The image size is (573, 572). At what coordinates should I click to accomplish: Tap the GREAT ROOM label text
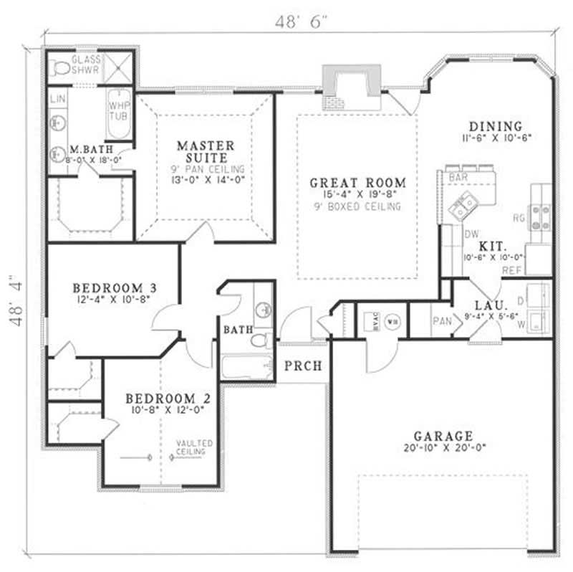(357, 183)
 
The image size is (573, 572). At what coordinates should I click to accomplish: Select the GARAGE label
(443, 435)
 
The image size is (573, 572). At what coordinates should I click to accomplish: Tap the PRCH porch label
(303, 366)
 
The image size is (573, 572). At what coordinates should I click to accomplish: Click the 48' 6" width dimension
(301, 22)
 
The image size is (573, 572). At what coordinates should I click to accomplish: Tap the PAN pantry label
(440, 323)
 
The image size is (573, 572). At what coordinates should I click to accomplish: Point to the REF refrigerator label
(511, 271)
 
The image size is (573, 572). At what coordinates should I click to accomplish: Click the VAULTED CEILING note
(191, 448)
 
